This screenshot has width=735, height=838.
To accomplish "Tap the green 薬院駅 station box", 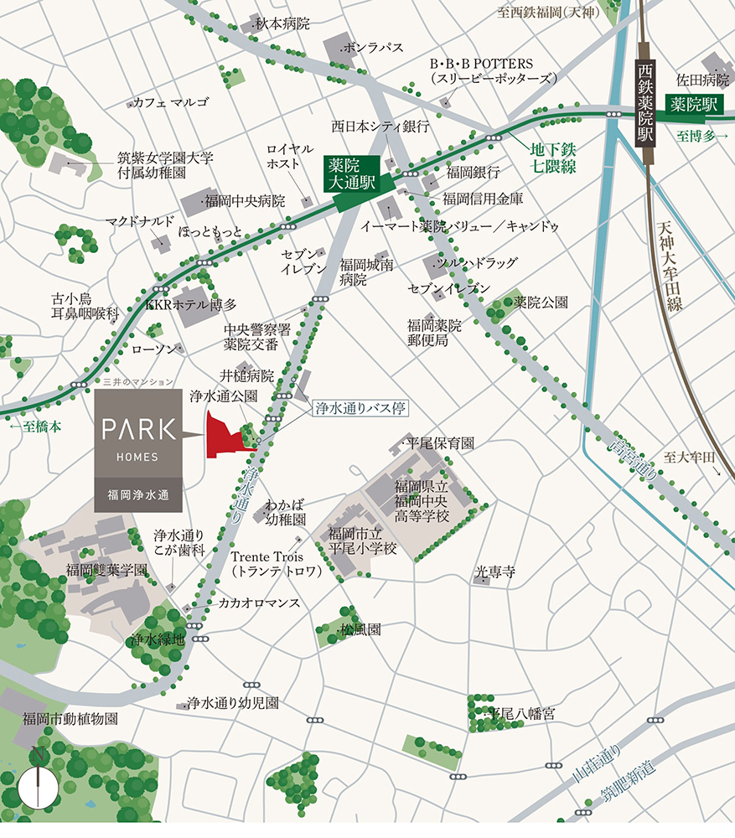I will point(694,104).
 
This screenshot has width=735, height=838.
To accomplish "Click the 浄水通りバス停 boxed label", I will point(361,409).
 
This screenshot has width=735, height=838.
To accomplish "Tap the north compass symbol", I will point(37,786).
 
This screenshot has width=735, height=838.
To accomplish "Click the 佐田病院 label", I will point(703,80).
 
